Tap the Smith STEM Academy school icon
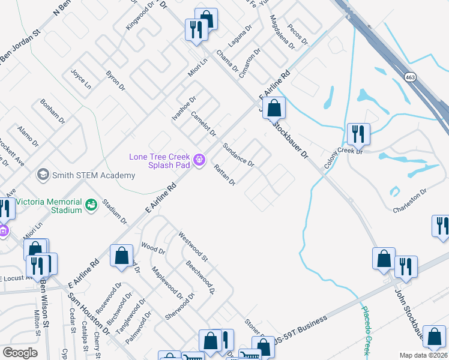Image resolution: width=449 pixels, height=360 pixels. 43,175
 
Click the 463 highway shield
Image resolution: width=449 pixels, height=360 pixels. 410,77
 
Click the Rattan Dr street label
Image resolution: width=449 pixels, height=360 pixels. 224,175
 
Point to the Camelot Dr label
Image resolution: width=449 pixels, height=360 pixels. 203,124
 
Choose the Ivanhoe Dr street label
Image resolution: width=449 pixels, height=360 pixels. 184,109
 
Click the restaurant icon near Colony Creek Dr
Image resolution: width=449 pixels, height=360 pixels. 358,134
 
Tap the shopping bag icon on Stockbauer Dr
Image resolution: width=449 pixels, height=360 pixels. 274,109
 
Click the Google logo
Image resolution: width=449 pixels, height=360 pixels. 20,353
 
